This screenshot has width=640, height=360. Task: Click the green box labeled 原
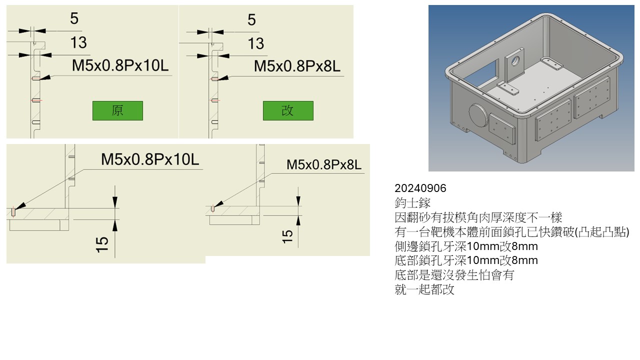[117, 110]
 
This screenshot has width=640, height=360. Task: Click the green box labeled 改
[288, 110]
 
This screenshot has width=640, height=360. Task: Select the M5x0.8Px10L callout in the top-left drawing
[120, 65]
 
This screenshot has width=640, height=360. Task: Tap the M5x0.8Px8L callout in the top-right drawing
[297, 66]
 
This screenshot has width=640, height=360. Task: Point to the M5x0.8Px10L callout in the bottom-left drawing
[150, 159]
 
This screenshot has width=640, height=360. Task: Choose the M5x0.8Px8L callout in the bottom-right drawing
[323, 165]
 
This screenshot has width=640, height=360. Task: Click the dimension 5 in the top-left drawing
[74, 18]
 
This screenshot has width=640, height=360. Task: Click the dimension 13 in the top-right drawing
[255, 43]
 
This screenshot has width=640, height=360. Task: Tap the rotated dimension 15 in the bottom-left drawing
[102, 244]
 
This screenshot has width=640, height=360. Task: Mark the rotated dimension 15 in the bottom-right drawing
[287, 236]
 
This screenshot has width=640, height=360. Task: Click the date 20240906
[420, 188]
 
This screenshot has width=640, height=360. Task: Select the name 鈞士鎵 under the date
[412, 203]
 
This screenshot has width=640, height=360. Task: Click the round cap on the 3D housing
[478, 116]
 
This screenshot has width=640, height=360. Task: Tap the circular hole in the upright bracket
[515, 60]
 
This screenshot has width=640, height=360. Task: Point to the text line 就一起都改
[424, 289]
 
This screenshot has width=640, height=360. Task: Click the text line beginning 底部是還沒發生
[454, 275]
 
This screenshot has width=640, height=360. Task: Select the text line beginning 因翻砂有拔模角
[478, 217]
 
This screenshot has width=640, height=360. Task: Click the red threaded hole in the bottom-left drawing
[13, 211]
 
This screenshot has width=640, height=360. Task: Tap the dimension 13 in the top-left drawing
[78, 42]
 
